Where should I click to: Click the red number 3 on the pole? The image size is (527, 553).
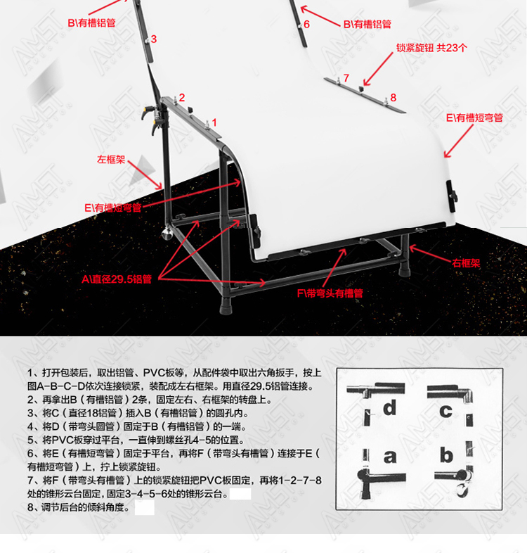[154, 39]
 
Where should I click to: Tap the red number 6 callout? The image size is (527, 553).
[307, 25]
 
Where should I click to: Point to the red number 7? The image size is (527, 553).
[346, 78]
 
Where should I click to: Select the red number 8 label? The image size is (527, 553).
[393, 98]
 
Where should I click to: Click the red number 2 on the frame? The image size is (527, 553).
[182, 97]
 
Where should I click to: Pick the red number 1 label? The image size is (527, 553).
[214, 122]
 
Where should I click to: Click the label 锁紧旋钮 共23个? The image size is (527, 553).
[431, 48]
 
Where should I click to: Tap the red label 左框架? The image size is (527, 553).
[111, 160]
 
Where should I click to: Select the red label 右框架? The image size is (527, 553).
[466, 263]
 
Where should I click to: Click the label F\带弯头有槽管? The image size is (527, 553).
[330, 293]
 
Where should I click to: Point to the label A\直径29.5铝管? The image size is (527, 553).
[117, 279]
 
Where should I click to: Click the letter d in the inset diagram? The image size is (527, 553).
[389, 407]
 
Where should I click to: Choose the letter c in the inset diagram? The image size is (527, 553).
[445, 411]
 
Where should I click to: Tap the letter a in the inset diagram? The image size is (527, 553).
[390, 457]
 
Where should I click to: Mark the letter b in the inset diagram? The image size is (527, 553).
[446, 455]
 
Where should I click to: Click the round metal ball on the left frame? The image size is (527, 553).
[167, 233]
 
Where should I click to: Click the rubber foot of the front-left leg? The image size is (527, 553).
[226, 305]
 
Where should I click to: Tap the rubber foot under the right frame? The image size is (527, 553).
[405, 269]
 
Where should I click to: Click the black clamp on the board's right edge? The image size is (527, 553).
[452, 196]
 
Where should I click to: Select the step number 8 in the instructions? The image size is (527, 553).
[30, 507]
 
